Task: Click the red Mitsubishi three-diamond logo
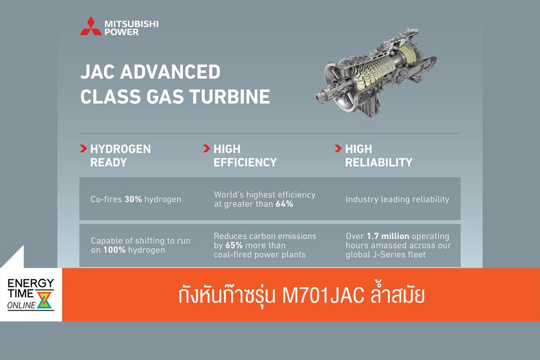point(90,27)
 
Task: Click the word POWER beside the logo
point(122,32)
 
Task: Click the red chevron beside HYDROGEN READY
point(83,149)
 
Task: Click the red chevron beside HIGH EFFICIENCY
point(207,149)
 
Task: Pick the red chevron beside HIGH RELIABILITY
point(338,149)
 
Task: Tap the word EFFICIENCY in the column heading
point(245,162)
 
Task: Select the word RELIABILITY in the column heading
point(378,162)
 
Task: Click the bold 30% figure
point(133,199)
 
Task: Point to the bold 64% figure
point(284,204)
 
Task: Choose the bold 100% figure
point(114,250)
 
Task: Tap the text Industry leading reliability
point(397,199)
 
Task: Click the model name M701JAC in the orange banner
point(323,295)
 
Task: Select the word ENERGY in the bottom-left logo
point(31,283)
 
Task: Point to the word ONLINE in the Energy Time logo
point(21,306)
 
